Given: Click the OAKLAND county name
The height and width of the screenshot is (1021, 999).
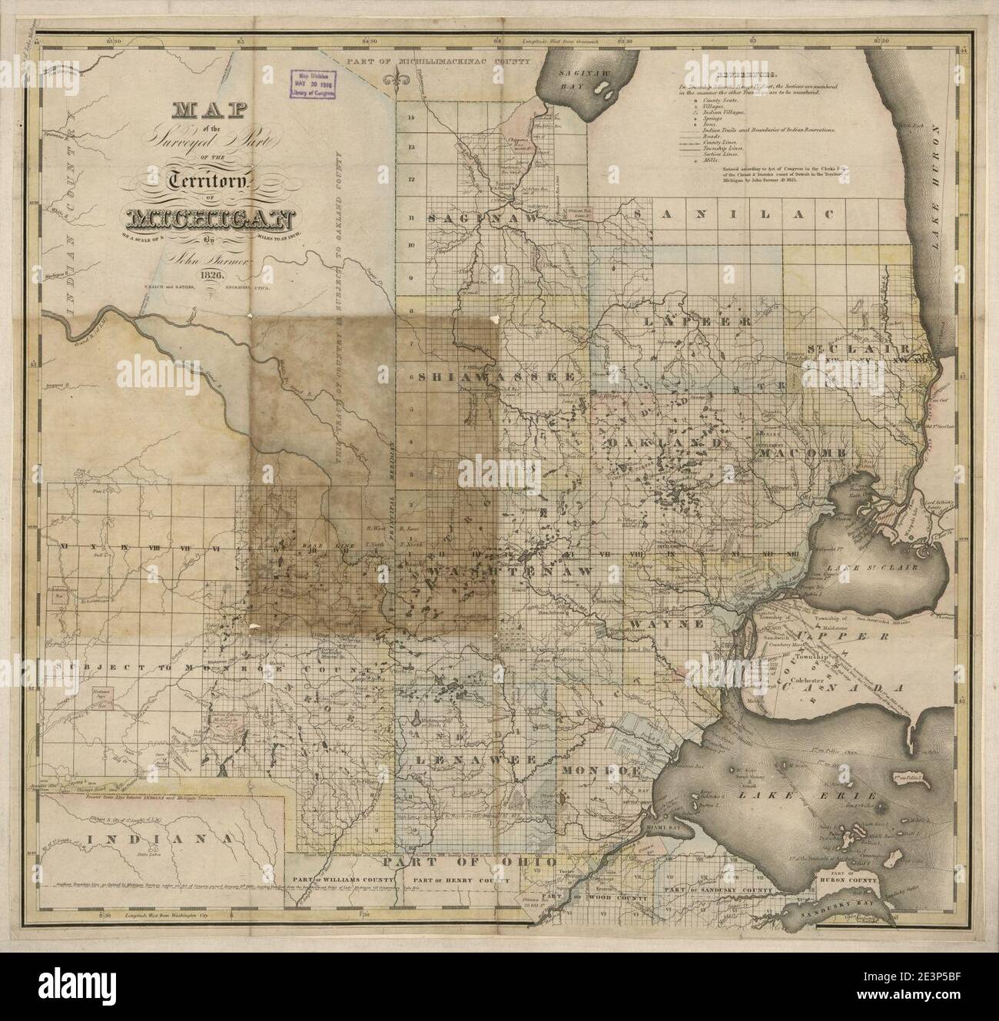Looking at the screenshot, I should (x=665, y=444).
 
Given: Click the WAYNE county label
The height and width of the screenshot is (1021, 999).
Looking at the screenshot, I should (x=666, y=624).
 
